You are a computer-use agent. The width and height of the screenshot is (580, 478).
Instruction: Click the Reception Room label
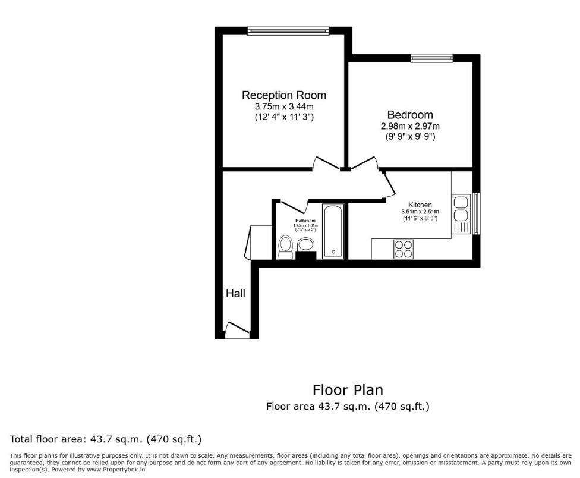(x=283, y=95)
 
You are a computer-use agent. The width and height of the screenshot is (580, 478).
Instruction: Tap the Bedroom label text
(x=410, y=115)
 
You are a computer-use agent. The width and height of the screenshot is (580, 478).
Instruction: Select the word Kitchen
(x=420, y=205)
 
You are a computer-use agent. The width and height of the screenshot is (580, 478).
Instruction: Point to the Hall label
(x=235, y=293)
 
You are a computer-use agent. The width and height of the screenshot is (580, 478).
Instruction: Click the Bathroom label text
(x=305, y=221)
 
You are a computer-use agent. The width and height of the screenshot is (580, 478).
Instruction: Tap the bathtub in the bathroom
(x=333, y=231)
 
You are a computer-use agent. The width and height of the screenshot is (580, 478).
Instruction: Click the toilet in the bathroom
(x=285, y=246)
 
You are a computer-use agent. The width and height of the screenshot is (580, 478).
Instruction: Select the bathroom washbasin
(x=305, y=244)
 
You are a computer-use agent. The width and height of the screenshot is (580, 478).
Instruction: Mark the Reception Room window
(x=288, y=30)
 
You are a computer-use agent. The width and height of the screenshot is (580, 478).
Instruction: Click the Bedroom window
(x=431, y=58)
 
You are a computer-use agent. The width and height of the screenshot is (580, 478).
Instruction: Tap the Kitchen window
(x=476, y=213)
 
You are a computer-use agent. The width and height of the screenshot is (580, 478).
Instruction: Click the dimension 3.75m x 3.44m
(x=283, y=106)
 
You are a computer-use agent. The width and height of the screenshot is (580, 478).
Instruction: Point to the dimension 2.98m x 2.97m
(x=410, y=126)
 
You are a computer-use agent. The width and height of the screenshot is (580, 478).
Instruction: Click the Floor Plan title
(x=348, y=390)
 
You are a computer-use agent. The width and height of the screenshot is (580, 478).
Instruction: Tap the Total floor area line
(x=106, y=440)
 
